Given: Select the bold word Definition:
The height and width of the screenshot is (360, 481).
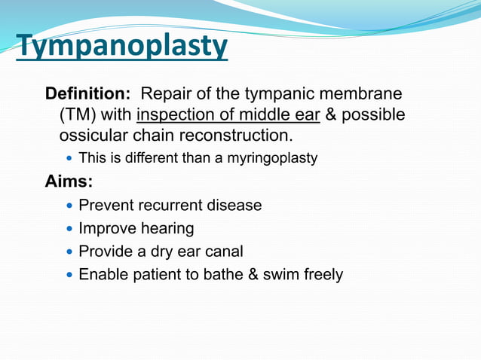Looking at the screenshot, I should click(88, 95).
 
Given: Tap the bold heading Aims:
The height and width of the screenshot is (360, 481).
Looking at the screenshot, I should click(69, 181).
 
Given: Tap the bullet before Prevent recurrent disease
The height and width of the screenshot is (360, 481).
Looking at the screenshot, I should click(71, 206).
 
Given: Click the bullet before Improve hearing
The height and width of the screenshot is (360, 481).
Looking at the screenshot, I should click(71, 229).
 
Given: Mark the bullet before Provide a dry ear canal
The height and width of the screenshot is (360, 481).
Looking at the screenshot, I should click(71, 252).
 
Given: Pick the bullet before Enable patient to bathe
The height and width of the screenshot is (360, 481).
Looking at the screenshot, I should click(71, 275).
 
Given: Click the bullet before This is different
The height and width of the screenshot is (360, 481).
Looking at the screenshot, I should click(71, 159).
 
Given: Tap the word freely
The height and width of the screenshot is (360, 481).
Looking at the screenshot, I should click(323, 275).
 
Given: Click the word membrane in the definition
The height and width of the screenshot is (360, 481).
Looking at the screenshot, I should click(363, 95).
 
